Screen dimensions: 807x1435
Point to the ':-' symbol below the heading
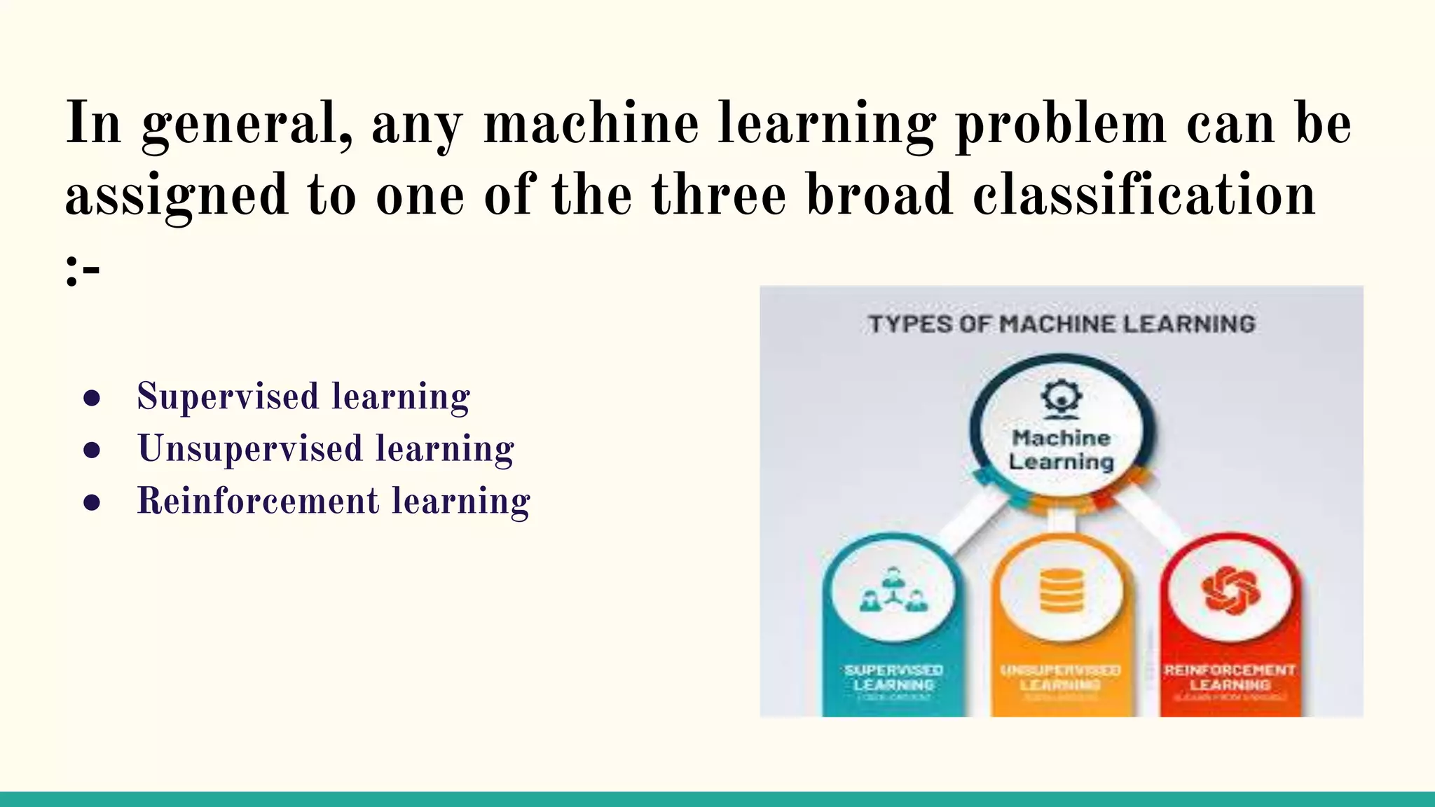(x=83, y=270)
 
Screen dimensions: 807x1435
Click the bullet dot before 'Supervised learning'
(x=92, y=398)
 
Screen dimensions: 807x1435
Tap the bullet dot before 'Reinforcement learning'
(x=92, y=502)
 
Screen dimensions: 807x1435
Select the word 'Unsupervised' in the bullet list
(x=250, y=449)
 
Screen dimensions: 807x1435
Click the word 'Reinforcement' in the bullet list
(x=258, y=502)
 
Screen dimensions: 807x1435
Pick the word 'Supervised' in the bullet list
(x=228, y=396)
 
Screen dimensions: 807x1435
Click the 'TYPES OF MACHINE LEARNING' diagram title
(x=1062, y=324)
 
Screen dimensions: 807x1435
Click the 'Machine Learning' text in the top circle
(x=1061, y=450)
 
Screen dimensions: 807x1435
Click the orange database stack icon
(x=1061, y=591)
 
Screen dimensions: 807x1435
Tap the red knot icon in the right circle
(x=1230, y=590)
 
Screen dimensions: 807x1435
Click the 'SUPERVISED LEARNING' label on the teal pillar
(x=893, y=677)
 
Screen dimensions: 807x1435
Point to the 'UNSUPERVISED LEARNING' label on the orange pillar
(x=1061, y=677)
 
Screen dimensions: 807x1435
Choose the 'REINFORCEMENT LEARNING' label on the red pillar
(x=1230, y=677)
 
